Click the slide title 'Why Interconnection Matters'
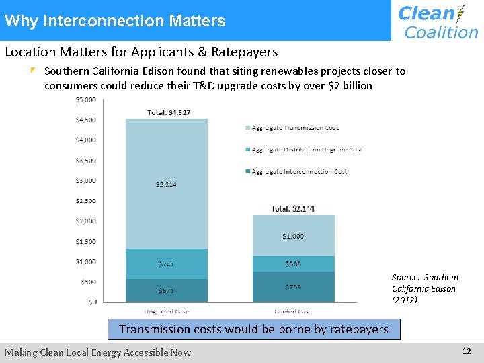(115, 21)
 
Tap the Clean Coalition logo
(438, 22)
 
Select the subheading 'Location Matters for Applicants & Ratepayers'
(141, 52)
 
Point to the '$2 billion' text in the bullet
(347, 85)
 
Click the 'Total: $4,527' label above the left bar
(169, 112)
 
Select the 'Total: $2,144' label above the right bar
(292, 209)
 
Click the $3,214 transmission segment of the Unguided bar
(166, 184)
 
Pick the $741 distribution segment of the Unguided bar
(166, 264)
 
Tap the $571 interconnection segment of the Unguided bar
(166, 290)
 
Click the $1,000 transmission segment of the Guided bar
(293, 236)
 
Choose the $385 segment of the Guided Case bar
(293, 264)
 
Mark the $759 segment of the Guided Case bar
(293, 287)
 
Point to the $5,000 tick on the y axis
(85, 99)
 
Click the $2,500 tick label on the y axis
(85, 200)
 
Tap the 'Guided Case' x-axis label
(293, 311)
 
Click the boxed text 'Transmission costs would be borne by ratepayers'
(253, 329)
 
